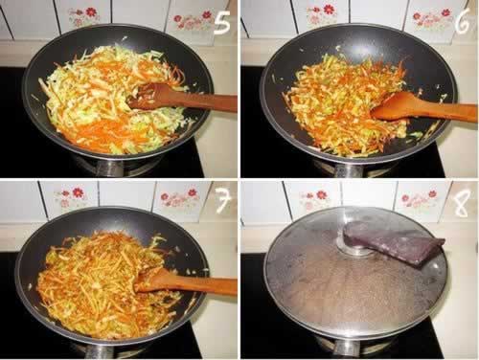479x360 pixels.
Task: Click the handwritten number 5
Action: (x=222, y=22)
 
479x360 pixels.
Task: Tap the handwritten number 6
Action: (x=462, y=21)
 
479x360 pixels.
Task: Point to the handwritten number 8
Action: (x=461, y=203)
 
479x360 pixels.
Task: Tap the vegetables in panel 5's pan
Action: (x=105, y=101)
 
